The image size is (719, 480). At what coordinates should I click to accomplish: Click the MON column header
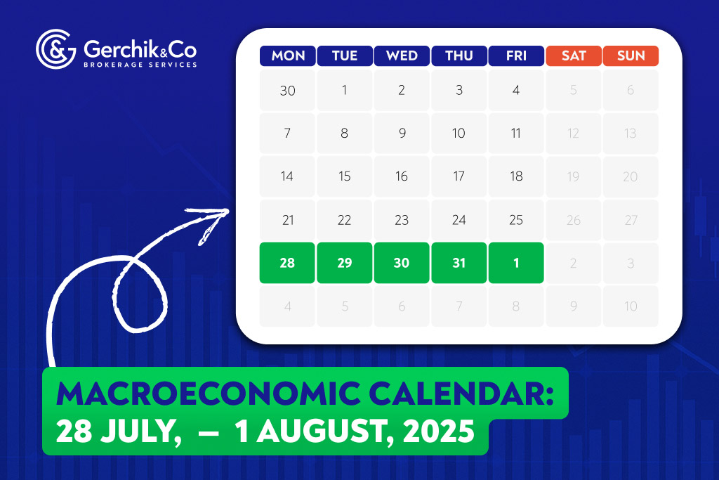point(287,56)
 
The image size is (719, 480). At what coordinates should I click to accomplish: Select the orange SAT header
point(574,56)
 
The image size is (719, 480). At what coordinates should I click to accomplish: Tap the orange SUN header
point(631,56)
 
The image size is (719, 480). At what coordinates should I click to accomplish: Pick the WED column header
point(402,56)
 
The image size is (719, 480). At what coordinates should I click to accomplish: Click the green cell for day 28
point(287,263)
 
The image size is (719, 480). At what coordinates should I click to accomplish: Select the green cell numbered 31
point(459,263)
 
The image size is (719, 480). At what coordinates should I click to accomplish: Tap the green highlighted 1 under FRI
point(516,263)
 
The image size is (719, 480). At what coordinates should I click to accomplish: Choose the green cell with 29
point(344,263)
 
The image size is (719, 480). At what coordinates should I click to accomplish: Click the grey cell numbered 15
point(344,176)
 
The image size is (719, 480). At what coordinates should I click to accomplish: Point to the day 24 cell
point(459,220)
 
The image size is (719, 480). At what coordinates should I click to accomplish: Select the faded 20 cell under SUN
point(631,176)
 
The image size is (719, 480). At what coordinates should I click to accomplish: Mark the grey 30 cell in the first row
point(287,90)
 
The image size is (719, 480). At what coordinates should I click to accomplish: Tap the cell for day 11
point(516,134)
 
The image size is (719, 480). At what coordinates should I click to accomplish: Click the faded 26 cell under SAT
point(574,220)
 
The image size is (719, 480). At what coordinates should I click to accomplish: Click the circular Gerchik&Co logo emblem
point(55,48)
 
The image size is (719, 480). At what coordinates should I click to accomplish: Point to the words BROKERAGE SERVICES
point(140,64)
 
